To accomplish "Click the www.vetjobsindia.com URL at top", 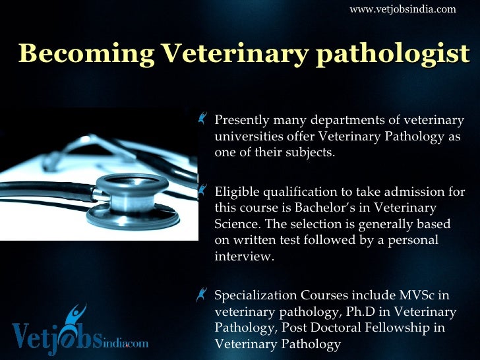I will (x=402, y=9).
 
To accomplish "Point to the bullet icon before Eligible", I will (x=202, y=191).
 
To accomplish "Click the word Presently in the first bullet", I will (x=241, y=121).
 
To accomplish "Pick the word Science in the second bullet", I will (x=235, y=224).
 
